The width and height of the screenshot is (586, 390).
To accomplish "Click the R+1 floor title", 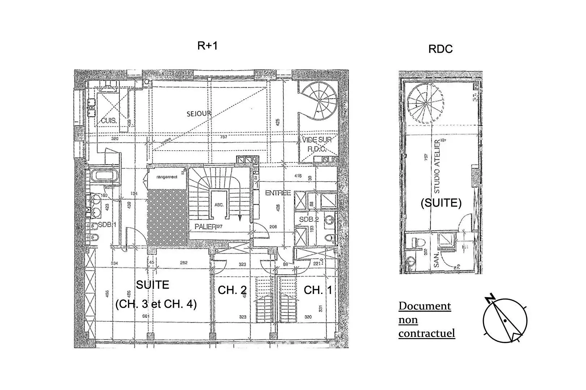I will click(x=207, y=46).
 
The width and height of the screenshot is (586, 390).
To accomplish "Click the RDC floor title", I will click(x=440, y=49).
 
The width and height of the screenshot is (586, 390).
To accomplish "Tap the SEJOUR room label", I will click(x=198, y=113).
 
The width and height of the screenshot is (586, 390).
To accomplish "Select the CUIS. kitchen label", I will click(x=108, y=121).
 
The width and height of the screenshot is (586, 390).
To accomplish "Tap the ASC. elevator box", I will click(x=219, y=204).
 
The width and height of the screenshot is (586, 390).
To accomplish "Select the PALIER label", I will click(x=205, y=227).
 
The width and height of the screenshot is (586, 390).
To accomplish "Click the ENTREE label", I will click(x=278, y=193).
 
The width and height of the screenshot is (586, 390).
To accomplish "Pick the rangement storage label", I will click(x=167, y=177).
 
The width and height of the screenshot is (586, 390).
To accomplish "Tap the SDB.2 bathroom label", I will click(x=309, y=219).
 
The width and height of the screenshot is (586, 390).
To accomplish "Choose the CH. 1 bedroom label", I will click(x=318, y=290).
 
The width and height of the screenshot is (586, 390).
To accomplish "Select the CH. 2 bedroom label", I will click(x=232, y=290).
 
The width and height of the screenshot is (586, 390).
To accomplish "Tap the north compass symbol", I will click(x=505, y=319).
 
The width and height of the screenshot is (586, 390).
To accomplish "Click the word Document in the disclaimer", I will click(x=425, y=306).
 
